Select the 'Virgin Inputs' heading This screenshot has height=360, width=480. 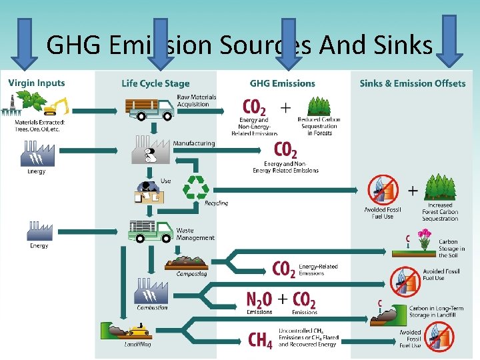tap(37, 83)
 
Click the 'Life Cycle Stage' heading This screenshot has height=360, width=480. tap(155, 83)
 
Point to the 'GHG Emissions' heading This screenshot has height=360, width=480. tap(282, 83)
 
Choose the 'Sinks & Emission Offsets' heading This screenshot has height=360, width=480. tap(413, 83)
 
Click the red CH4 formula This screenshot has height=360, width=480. tap(260, 340)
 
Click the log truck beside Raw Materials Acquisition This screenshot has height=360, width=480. tap(150, 109)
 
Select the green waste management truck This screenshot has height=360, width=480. tap(150, 231)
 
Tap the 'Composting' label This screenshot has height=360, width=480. tap(191, 273)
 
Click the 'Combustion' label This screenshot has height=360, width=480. tap(152, 308)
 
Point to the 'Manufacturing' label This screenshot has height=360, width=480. tap(194, 143)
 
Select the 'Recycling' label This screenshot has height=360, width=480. tap(216, 203)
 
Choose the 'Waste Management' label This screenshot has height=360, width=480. tap(195, 234)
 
